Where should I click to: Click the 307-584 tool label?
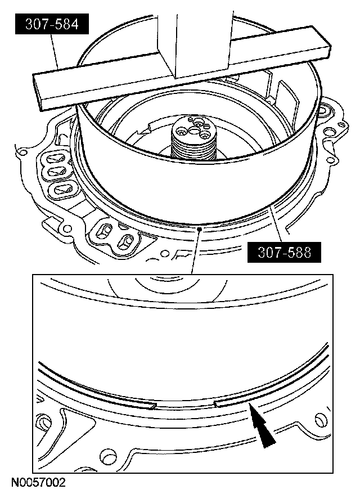point(52,24)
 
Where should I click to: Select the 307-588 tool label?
point(284,252)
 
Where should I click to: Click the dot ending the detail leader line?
point(199,230)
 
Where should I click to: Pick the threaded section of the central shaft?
point(193,146)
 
